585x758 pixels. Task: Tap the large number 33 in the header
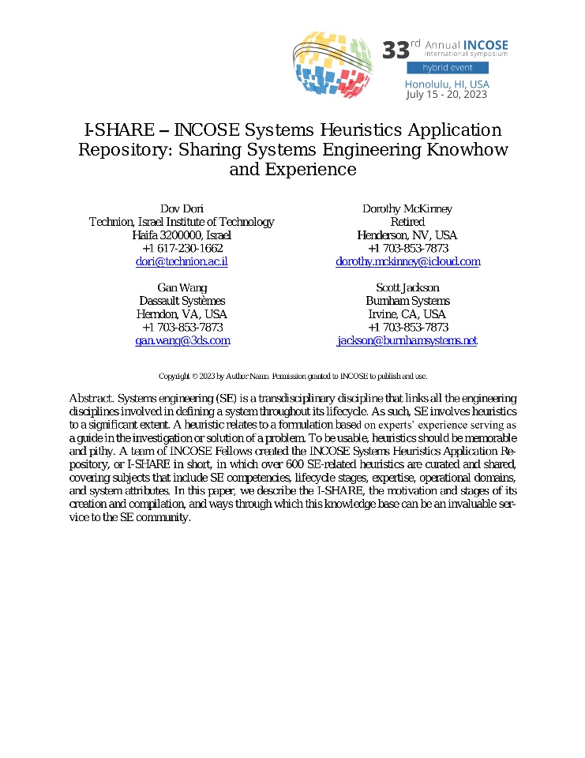point(396,51)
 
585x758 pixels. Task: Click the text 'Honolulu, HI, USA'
point(447,84)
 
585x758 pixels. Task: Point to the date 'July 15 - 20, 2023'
point(447,95)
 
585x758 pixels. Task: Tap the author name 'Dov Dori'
point(182,208)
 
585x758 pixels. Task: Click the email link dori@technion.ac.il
point(182,261)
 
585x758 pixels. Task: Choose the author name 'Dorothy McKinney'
point(407,208)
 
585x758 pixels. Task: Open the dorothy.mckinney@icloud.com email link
point(407,261)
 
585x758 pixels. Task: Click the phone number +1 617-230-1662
point(182,248)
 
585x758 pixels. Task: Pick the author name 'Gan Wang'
point(182,287)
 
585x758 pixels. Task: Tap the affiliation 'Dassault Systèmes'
point(182,301)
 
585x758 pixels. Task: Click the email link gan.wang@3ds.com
point(182,340)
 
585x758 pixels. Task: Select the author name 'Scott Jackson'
point(407,287)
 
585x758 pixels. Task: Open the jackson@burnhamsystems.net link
point(407,340)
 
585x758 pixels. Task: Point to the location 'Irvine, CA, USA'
point(407,314)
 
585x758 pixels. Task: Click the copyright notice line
point(293,377)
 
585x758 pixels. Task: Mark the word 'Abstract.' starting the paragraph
point(92,399)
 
